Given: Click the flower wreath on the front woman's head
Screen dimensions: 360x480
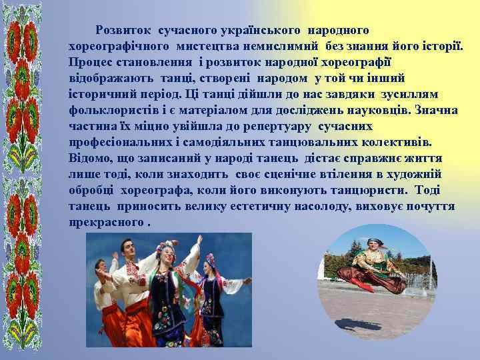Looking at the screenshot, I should pyautogui.click(x=163, y=249).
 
